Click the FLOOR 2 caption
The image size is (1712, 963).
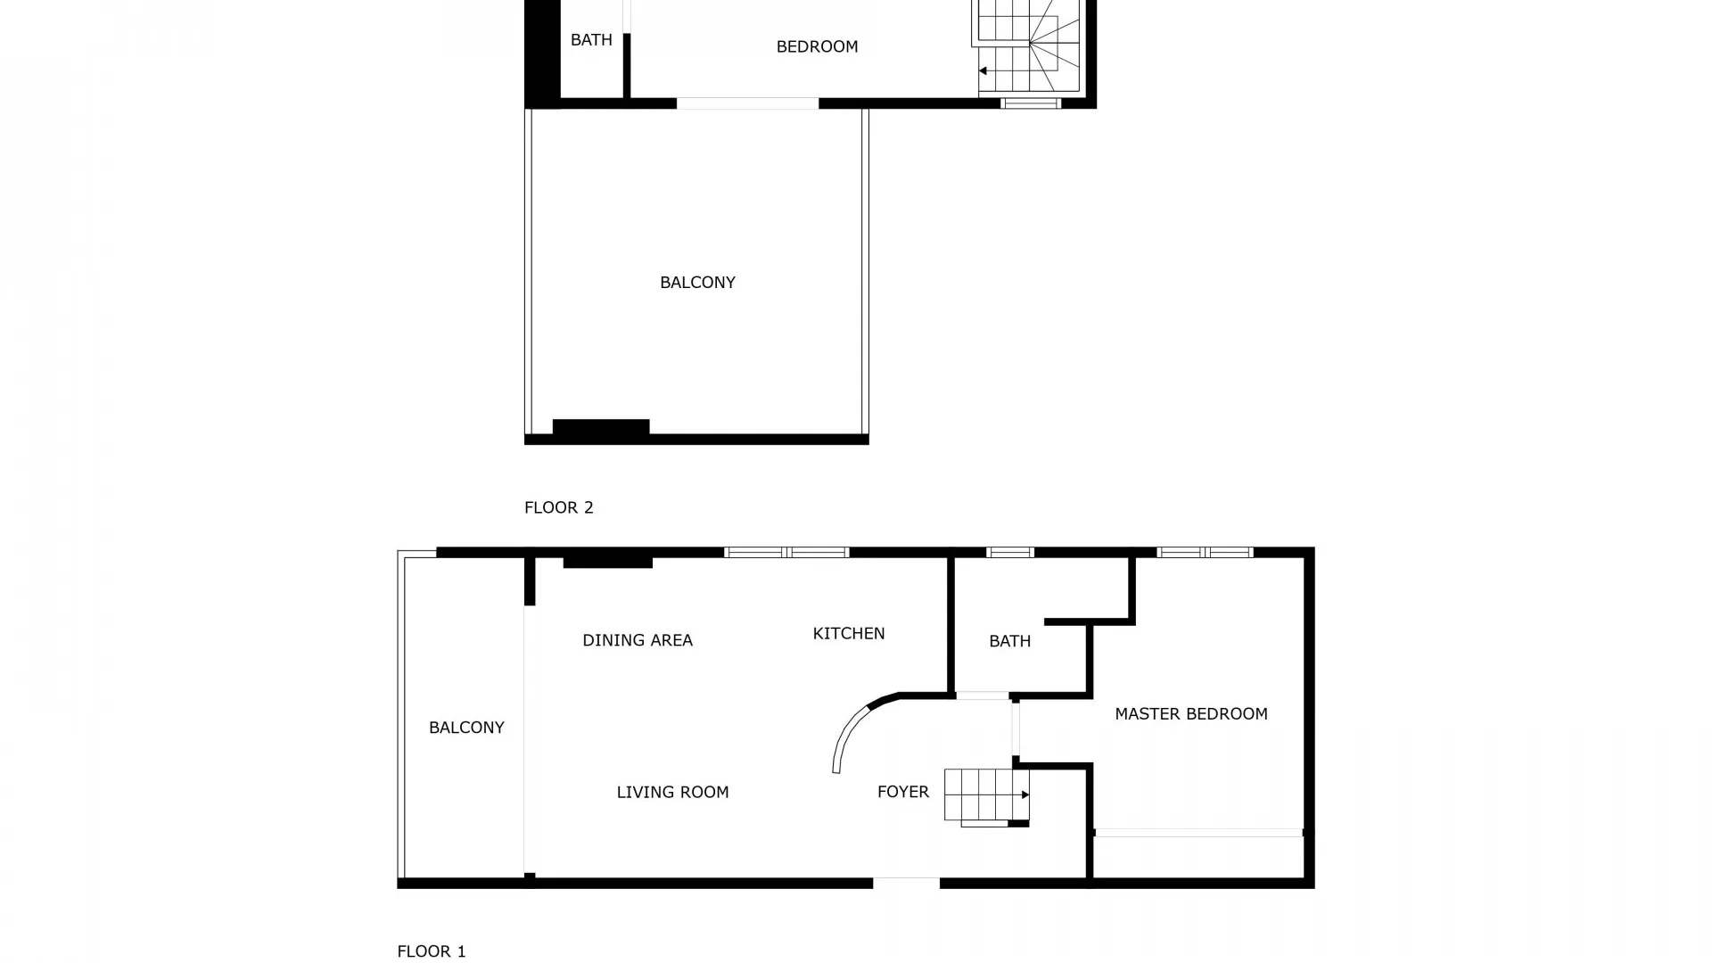pos(558,507)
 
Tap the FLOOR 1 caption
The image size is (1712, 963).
pos(431,951)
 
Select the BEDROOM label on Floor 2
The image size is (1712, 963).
pos(817,46)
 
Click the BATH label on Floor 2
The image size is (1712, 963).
pos(591,40)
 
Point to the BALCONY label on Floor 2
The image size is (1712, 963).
pos(697,283)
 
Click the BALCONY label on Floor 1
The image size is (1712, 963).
pos(466,728)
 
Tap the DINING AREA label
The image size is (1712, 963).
pos(637,640)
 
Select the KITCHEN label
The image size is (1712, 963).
pos(848,633)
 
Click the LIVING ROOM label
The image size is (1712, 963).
pos(672,792)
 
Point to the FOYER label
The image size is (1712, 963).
pos(902,792)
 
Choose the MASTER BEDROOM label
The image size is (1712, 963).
pos(1190,713)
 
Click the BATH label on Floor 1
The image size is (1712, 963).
pos(1009,641)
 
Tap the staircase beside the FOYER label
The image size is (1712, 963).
pos(985,795)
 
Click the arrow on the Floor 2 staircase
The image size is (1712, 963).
pos(983,71)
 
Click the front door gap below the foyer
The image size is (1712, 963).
pos(906,884)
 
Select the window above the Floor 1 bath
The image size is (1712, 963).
pos(1010,553)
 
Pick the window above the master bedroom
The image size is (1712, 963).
pos(1205,553)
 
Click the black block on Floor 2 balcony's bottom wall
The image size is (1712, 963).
pos(601,427)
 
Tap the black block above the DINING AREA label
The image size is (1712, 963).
pos(608,563)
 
